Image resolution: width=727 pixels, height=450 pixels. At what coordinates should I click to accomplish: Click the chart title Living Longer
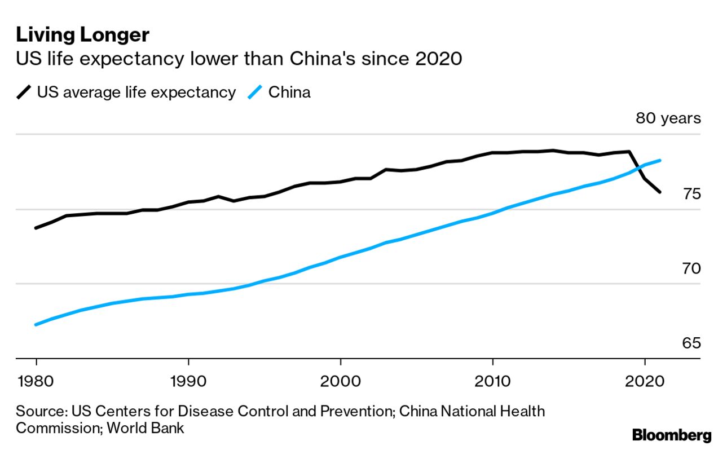coord(82,35)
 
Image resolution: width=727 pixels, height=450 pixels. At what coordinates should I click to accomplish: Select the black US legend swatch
coord(24,92)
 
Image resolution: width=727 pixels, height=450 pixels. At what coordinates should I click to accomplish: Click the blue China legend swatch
coord(255,92)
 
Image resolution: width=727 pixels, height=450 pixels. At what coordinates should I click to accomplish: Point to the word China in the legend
coord(289,92)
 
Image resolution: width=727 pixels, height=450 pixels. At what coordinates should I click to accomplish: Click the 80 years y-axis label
coord(668,118)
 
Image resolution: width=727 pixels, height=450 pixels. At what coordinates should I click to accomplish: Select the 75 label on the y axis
coord(691,194)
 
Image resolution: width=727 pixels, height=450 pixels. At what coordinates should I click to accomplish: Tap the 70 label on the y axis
coord(691,268)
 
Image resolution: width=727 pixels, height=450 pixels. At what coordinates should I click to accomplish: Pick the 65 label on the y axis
coord(691,343)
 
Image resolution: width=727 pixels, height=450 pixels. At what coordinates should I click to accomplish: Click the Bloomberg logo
coord(672,435)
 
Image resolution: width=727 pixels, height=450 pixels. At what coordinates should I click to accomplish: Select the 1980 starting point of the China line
coord(36,325)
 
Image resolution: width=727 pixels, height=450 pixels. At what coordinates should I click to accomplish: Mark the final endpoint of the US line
coord(660,192)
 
